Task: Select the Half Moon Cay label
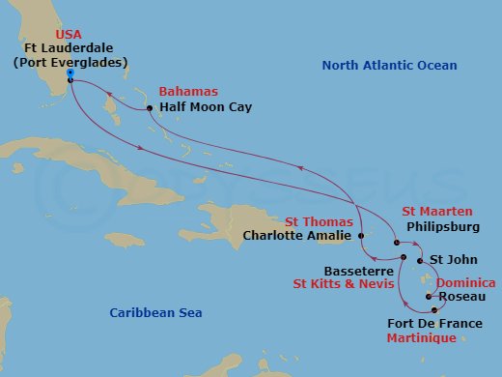(x=207, y=107)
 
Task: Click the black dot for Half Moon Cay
(x=149, y=108)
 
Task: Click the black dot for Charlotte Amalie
(x=359, y=234)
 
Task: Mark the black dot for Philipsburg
(x=396, y=243)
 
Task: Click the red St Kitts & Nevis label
(x=344, y=285)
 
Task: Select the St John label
(x=450, y=259)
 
